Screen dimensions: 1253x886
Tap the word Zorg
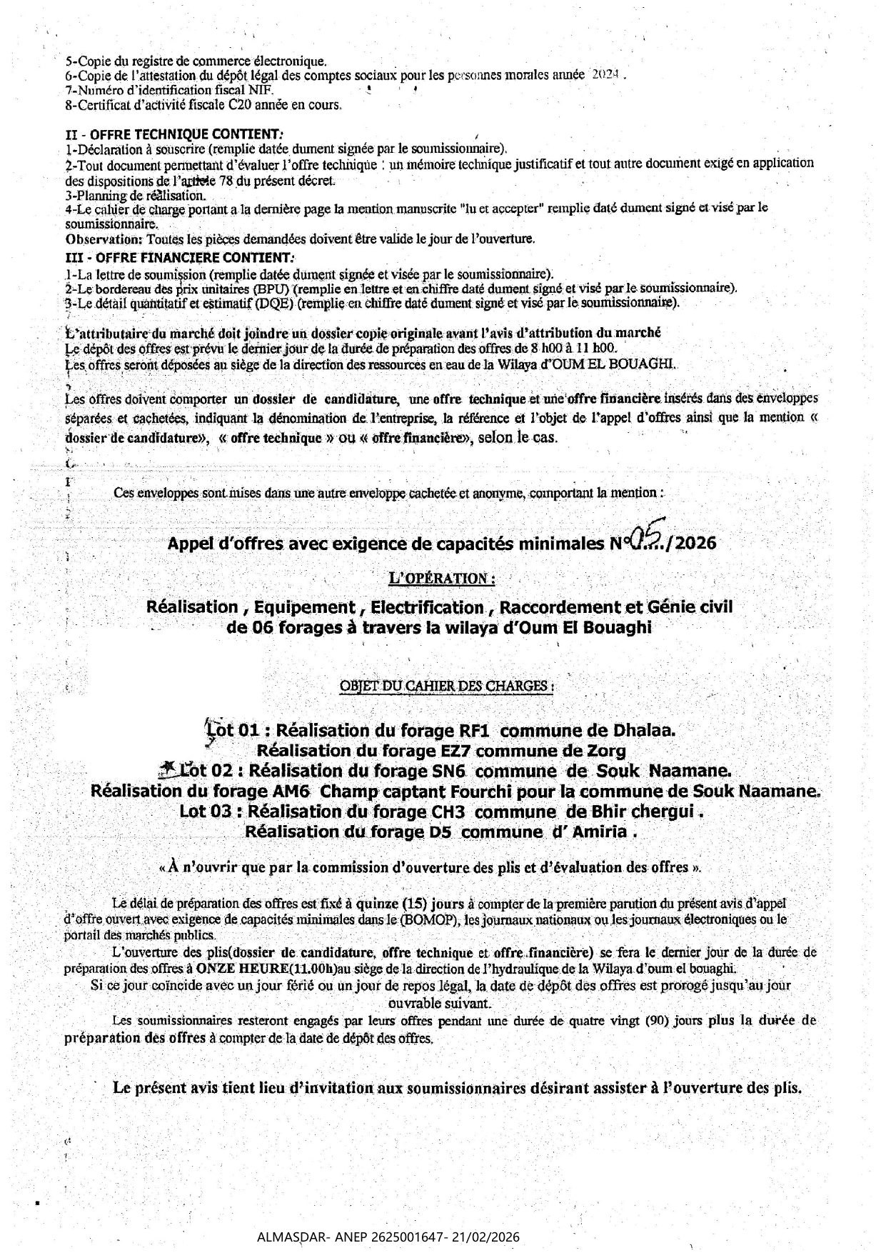pos(608,752)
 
